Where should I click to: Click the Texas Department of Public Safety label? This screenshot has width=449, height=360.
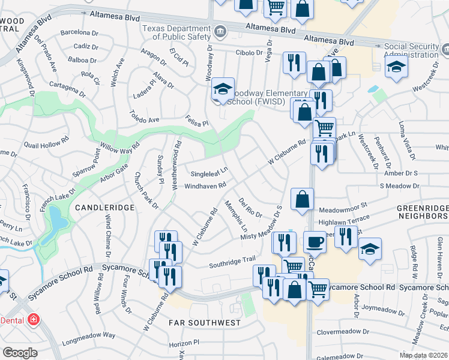179,34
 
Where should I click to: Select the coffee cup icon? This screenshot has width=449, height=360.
314,243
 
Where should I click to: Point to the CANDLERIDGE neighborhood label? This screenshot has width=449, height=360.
100,207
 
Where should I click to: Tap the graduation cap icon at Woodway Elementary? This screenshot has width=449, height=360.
223,90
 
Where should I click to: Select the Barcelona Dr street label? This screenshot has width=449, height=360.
79,32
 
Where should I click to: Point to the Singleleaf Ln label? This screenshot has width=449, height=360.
209,173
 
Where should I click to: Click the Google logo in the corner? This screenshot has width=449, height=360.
20,353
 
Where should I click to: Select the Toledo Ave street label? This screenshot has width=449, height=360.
145,116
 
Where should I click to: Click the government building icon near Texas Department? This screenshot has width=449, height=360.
220,31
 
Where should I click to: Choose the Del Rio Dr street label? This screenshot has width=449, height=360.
250,208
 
